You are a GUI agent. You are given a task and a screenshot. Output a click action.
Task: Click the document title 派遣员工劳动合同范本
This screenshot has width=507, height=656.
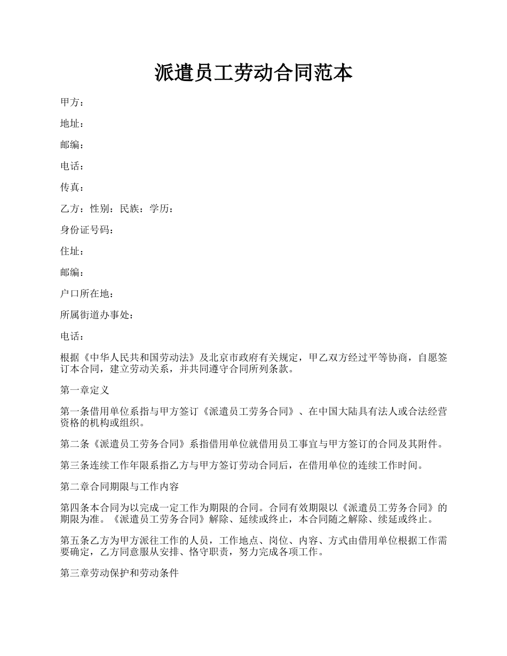253,73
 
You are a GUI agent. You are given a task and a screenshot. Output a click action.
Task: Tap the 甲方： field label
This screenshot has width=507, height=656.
72,102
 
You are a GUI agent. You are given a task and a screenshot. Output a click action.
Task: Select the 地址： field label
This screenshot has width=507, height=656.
72,124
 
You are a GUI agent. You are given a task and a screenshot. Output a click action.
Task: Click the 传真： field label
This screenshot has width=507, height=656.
72,188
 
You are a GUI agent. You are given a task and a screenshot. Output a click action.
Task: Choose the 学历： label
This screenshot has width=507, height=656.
162,209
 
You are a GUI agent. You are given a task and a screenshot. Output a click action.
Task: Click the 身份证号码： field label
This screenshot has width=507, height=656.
87,230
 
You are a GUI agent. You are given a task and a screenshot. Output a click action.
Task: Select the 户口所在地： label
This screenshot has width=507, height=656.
87,294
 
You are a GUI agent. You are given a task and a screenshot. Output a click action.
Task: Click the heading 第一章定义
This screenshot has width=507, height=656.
85,390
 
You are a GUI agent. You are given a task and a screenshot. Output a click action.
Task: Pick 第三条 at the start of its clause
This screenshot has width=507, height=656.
73,466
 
